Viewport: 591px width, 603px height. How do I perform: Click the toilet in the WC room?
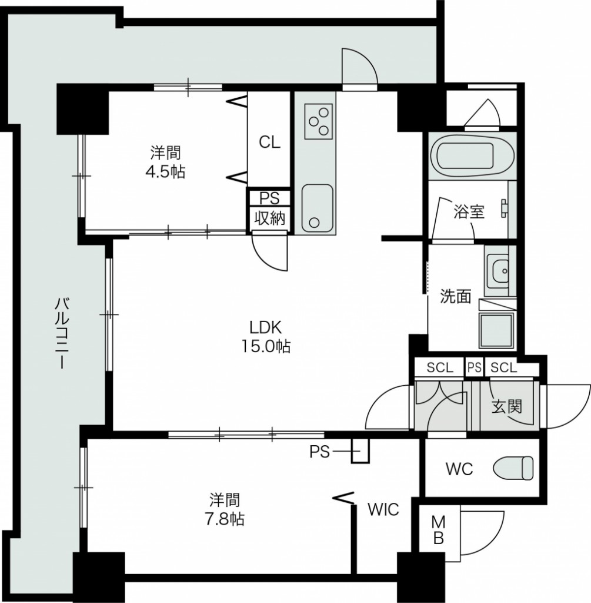513,468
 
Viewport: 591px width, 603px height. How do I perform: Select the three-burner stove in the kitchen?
318,121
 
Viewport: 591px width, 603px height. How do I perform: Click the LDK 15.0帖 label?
266,337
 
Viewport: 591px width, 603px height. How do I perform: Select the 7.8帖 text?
224,519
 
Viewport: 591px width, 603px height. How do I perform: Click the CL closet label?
269,143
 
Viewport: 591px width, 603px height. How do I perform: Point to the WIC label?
383,509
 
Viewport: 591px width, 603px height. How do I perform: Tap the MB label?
438,531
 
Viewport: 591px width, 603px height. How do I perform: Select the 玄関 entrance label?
507,406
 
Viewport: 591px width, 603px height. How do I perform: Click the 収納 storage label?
270,218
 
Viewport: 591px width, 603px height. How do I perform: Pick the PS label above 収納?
269,198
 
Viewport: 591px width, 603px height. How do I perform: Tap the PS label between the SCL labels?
474,367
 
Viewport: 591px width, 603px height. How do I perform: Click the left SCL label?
440,367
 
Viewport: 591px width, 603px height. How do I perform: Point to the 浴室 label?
469,211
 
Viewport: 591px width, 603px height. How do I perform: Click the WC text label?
459,469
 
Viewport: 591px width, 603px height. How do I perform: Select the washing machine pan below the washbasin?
496,330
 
